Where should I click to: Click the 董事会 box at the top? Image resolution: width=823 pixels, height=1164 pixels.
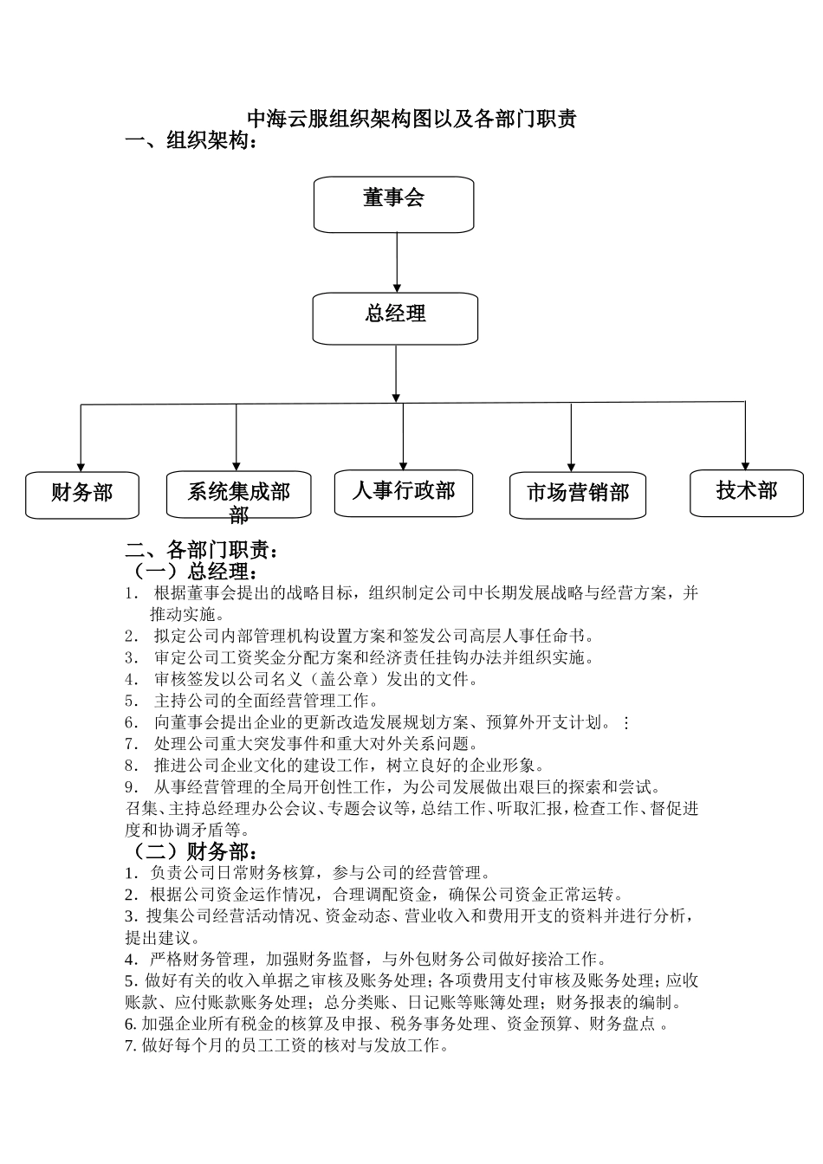click(x=393, y=204)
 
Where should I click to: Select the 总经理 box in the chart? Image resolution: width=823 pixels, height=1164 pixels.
click(x=395, y=318)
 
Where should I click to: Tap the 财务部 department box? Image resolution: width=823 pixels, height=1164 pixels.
click(x=81, y=495)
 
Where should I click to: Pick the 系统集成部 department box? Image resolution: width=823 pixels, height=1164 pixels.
click(x=238, y=495)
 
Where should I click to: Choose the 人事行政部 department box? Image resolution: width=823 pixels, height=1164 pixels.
click(x=404, y=493)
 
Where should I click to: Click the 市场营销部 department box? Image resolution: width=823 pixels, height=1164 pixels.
click(x=577, y=495)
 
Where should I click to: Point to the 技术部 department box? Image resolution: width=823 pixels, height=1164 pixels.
click(x=746, y=492)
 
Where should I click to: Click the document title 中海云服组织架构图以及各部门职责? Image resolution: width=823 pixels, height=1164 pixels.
click(x=411, y=120)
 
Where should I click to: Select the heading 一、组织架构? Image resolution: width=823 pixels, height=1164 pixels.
click(x=191, y=141)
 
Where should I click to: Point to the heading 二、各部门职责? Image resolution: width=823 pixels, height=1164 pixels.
click(x=203, y=549)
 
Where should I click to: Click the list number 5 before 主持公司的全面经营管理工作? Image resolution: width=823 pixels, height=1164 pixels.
click(x=131, y=701)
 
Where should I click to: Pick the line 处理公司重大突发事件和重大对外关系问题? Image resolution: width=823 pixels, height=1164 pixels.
click(x=315, y=743)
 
